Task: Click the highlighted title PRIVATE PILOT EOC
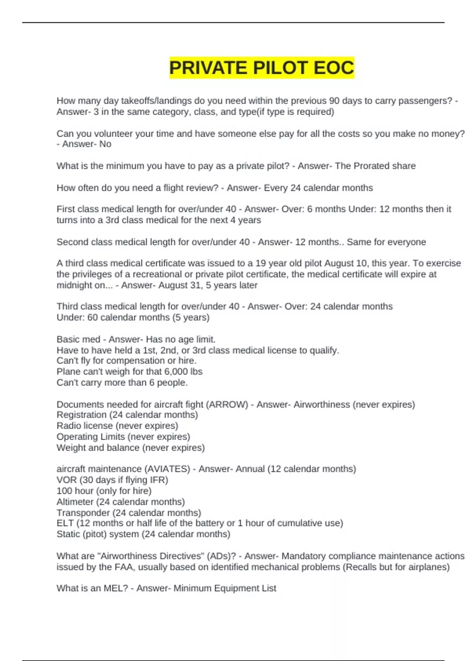click(x=262, y=68)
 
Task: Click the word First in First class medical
click(x=65, y=209)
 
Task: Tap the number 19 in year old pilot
click(x=261, y=263)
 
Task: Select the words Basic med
click(x=78, y=339)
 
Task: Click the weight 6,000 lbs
click(x=184, y=372)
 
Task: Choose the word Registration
click(x=81, y=415)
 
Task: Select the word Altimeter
click(x=75, y=502)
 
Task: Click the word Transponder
click(x=83, y=513)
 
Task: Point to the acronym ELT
click(x=65, y=523)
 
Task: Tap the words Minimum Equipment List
click(x=225, y=588)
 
